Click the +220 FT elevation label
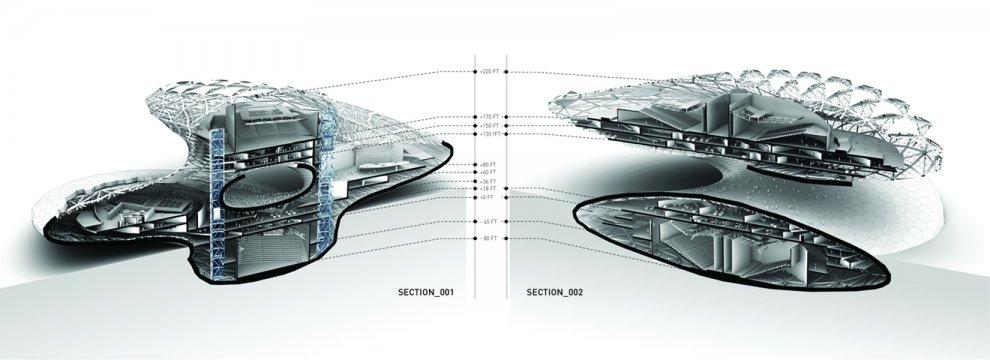point(489,72)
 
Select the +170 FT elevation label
point(489,116)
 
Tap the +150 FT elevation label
point(489,125)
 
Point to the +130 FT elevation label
point(489,134)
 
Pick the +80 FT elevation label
point(489,164)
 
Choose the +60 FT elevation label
point(489,172)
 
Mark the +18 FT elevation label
point(489,188)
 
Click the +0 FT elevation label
point(489,197)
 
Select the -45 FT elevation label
point(489,221)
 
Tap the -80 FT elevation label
point(489,239)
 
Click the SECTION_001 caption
point(427,293)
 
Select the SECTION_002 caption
point(555,293)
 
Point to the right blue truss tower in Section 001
point(323,180)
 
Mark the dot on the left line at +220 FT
point(475,72)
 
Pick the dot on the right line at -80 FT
point(507,239)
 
